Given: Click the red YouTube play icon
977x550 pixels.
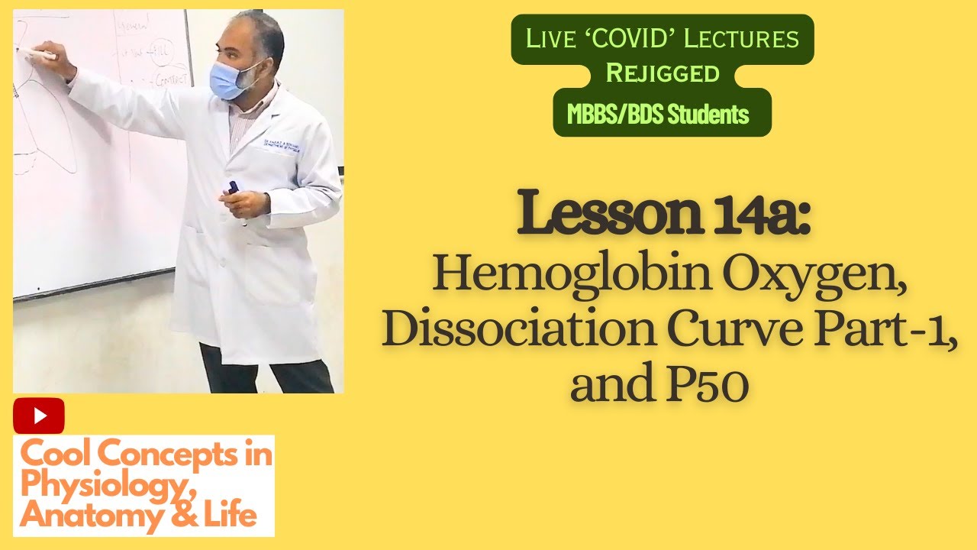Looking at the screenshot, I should coord(39,416).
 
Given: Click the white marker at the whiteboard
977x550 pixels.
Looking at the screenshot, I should coord(37,54).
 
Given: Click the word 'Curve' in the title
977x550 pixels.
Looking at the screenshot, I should coord(709,332).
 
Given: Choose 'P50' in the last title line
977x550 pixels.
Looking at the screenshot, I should coord(709,387).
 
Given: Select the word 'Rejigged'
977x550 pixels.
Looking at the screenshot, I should coord(662,73).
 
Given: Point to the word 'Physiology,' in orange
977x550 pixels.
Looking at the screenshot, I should coord(85,485).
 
